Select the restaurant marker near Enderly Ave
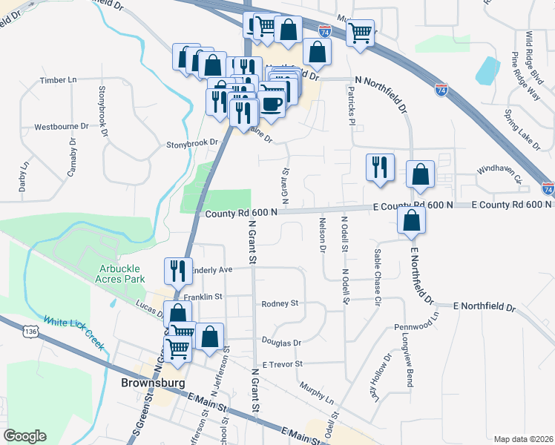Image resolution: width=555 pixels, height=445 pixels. coord(178,271)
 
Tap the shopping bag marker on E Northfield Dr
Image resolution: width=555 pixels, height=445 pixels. coord(411,220)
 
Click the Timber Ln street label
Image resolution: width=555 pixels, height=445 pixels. coord(59,79)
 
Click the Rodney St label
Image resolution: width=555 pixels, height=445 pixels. coord(279,303)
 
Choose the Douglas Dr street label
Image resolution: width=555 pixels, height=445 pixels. coord(280,343)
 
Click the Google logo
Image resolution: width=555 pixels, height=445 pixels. coord(25,435)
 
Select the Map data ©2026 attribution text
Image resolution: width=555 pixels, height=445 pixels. coord(522,439)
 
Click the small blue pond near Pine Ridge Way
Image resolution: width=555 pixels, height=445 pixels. coord(487,70)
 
